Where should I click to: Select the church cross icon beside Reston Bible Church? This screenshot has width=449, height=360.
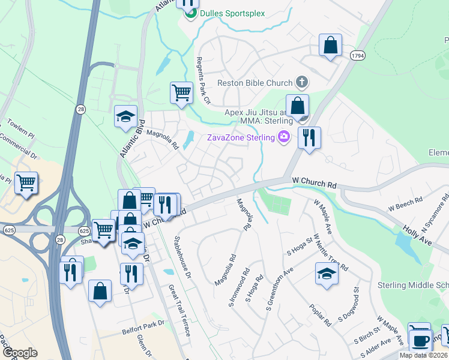[302, 82]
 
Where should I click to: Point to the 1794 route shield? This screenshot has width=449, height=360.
[358, 55]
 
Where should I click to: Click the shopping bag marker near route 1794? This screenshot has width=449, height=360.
[330, 46]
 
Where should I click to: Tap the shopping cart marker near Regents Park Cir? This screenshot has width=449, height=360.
[181, 94]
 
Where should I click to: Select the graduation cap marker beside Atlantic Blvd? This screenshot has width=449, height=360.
[126, 117]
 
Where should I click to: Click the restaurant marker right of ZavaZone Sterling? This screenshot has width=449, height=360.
[309, 138]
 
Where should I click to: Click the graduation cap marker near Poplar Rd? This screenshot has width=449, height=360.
[327, 274]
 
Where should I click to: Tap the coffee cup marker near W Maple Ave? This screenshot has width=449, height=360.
[420, 340]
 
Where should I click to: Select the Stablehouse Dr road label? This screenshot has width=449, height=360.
[182, 259]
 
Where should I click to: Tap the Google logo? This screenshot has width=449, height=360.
[20, 353]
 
